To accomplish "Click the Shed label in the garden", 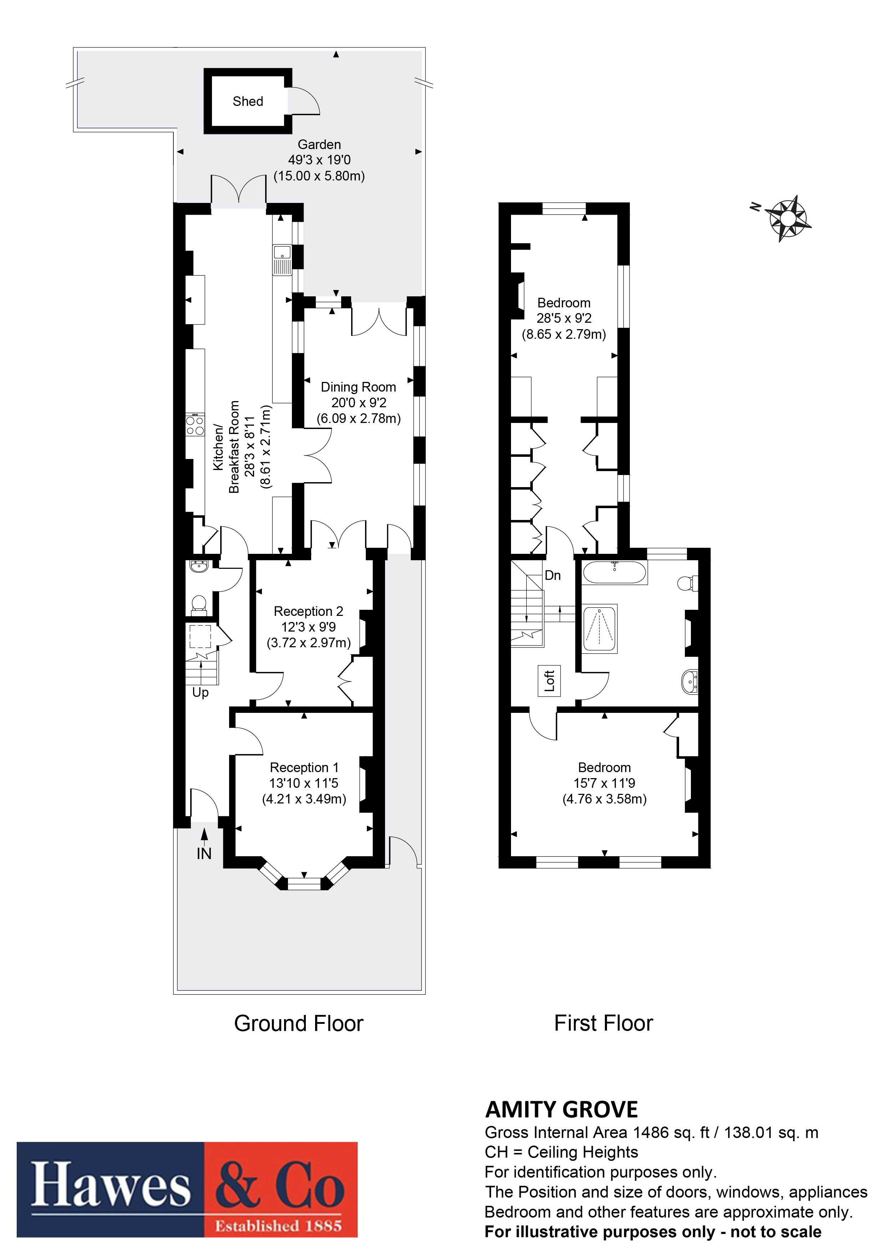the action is pos(248,101).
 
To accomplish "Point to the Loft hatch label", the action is pos(549,680).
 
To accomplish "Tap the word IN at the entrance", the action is pos(204,854).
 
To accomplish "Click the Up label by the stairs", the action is pos(200,693).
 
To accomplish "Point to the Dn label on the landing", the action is pos(552,575).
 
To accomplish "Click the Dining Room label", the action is pos(358,387).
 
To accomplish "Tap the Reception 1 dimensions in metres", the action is pos(304,799).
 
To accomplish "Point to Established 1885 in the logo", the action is pos(278,1226).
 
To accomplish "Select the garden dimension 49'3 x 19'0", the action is pos(319,160).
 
